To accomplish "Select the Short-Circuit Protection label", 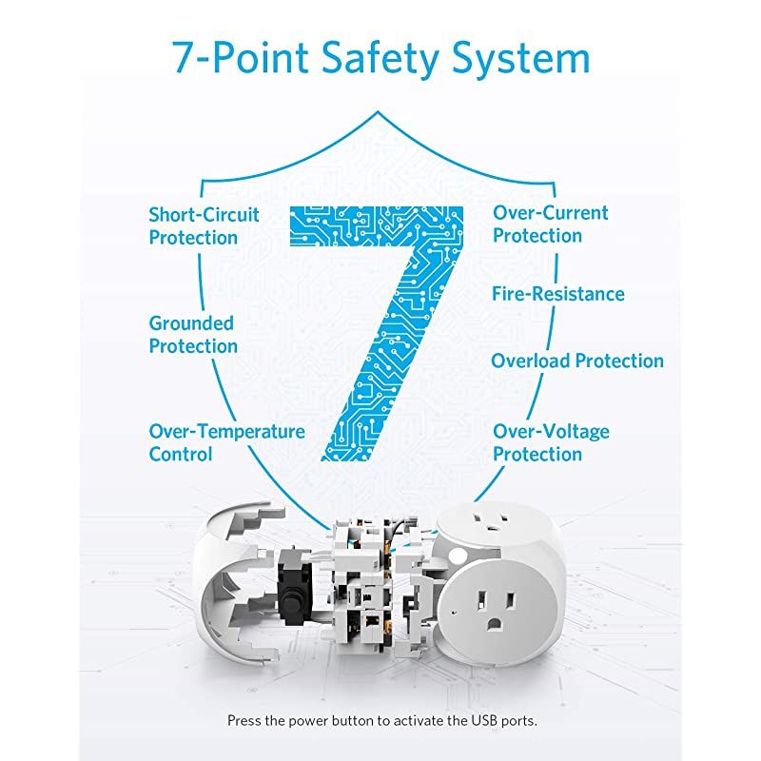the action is [x=204, y=226].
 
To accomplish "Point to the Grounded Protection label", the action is [x=193, y=335].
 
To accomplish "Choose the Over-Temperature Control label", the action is [x=226, y=442].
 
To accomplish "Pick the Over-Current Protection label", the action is [x=551, y=224].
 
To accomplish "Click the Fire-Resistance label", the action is [x=558, y=294].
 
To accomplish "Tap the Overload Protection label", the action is [x=577, y=361].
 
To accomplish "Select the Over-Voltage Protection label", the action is [x=551, y=442].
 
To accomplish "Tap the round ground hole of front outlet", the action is [x=495, y=624].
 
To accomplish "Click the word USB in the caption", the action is [x=484, y=720].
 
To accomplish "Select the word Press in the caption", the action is [x=244, y=720].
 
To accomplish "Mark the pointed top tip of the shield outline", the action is [x=378, y=112].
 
